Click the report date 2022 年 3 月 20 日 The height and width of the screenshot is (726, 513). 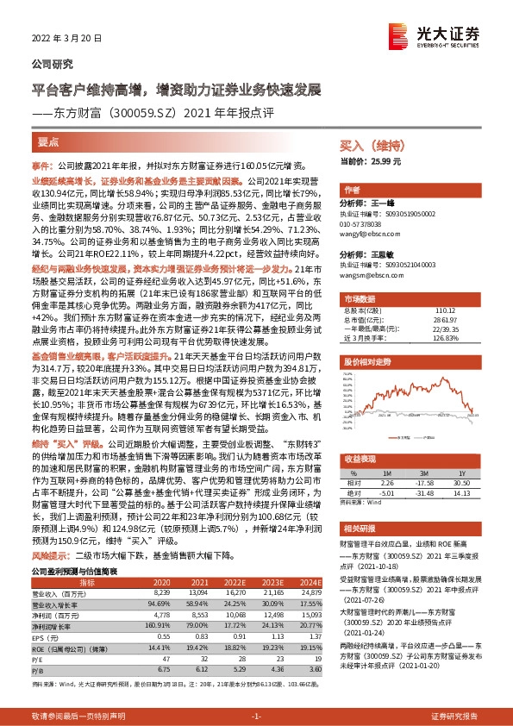click(66, 39)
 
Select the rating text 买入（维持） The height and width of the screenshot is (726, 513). click(366, 147)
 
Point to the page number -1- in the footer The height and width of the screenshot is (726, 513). click(256, 717)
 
